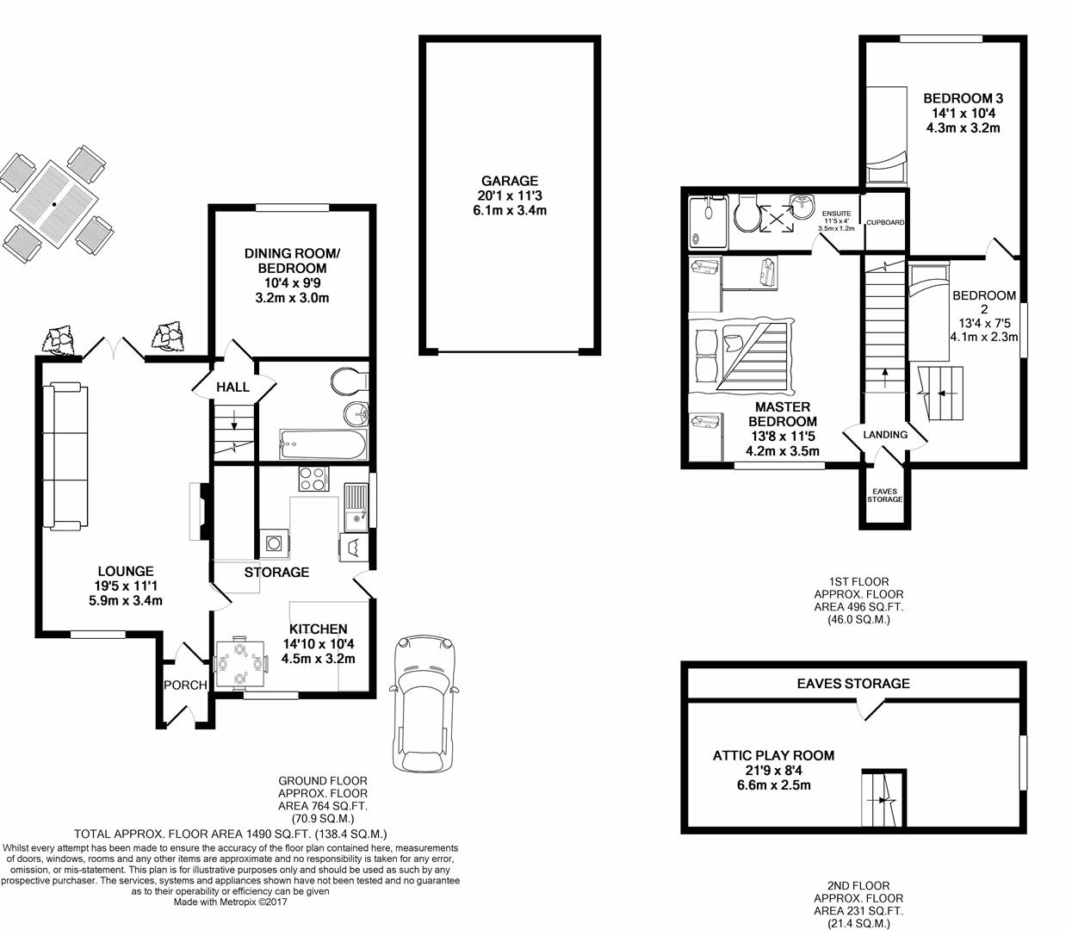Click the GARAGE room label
509,181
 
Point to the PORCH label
185,685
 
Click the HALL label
233,387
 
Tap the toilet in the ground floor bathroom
353,380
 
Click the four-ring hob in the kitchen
312,479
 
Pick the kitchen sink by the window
354,508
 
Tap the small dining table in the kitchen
239,664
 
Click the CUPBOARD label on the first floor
884,222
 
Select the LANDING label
885,435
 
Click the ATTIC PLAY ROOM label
773,756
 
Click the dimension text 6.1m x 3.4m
509,210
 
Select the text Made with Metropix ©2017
230,902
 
